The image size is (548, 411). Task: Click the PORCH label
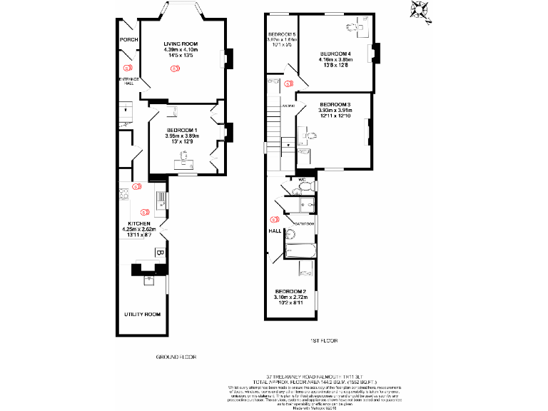tap(128, 40)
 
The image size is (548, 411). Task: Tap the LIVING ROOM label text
tap(181, 44)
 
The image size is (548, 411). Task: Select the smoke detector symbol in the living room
tap(173, 68)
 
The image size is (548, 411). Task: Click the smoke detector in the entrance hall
tap(128, 68)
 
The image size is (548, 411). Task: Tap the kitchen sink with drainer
tap(162, 199)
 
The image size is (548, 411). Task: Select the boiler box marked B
tap(160, 253)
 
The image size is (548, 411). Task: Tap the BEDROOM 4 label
tap(335, 54)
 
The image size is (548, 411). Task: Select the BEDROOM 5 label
tap(281, 35)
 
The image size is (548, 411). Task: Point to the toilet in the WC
tap(305, 186)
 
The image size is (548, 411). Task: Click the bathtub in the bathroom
tap(300, 250)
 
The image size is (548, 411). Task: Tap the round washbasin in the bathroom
tap(290, 235)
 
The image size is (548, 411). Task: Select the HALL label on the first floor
tap(274, 231)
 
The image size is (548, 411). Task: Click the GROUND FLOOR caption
tap(176, 356)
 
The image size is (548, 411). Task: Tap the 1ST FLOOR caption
tap(323, 341)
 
